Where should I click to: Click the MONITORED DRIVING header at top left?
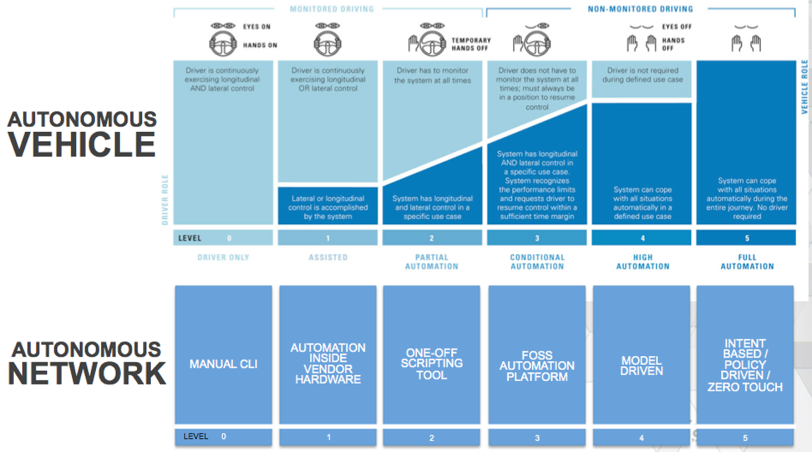pos(332,9)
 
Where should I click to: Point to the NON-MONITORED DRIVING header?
pos(640,9)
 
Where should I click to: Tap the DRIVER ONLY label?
pos(223,258)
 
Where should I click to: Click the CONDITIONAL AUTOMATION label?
pos(537,262)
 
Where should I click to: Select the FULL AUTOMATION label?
pos(747,262)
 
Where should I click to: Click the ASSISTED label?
pos(328,258)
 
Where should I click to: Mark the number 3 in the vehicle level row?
pos(537,238)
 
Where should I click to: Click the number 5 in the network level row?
pos(745,437)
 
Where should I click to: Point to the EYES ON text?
pos(257,27)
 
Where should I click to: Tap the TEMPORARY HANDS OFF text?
pos(471,44)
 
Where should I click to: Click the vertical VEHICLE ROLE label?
pos(804,87)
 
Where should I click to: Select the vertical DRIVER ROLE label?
pos(165,199)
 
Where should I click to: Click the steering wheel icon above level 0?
pos(223,44)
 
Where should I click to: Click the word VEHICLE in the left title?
pos(82,145)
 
